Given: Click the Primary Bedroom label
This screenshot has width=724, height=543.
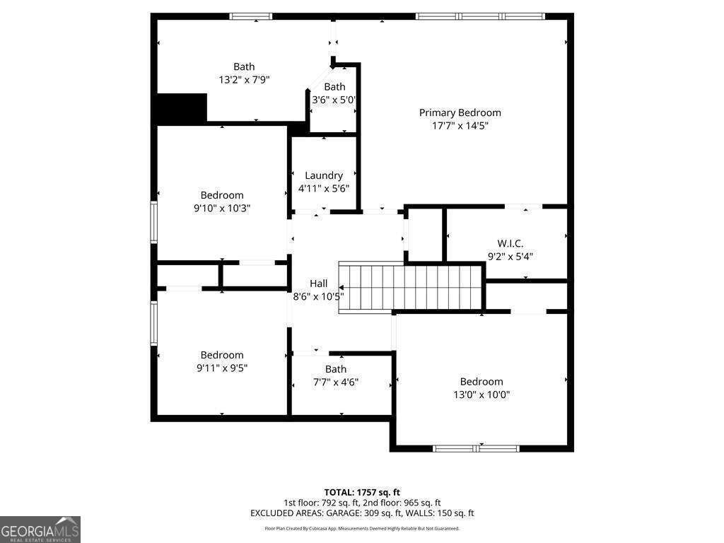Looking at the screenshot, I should (x=460, y=112).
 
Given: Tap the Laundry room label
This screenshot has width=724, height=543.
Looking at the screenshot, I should (x=324, y=175).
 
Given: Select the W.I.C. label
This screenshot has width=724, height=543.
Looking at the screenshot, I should (x=510, y=243).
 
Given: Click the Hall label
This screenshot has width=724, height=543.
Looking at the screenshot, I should (x=318, y=283).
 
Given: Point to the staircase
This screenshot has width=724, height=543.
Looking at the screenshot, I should (x=410, y=286).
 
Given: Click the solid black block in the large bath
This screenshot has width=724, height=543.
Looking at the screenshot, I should (x=181, y=109).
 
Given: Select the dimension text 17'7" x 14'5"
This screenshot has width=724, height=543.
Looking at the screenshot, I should (x=460, y=126).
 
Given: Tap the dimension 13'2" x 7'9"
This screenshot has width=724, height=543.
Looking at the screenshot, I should (x=244, y=80).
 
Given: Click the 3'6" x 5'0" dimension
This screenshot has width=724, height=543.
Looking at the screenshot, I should (x=334, y=100).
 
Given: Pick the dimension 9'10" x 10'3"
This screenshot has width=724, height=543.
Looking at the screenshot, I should (x=222, y=208).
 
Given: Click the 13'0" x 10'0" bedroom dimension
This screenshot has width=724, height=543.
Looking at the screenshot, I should (x=481, y=395).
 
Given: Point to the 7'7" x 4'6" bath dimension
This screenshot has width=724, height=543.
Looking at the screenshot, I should (x=336, y=382).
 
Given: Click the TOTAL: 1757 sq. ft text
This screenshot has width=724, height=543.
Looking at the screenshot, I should (x=362, y=492).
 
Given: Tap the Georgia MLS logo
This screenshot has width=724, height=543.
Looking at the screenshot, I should (x=40, y=530).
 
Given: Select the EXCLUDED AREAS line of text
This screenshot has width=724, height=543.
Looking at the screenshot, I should (x=362, y=513).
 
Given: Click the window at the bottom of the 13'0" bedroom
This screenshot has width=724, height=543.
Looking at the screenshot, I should (x=476, y=448).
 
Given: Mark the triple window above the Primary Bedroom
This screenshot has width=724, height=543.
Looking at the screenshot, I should (x=480, y=16).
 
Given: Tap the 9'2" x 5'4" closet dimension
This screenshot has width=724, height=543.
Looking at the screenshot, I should (x=510, y=257).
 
